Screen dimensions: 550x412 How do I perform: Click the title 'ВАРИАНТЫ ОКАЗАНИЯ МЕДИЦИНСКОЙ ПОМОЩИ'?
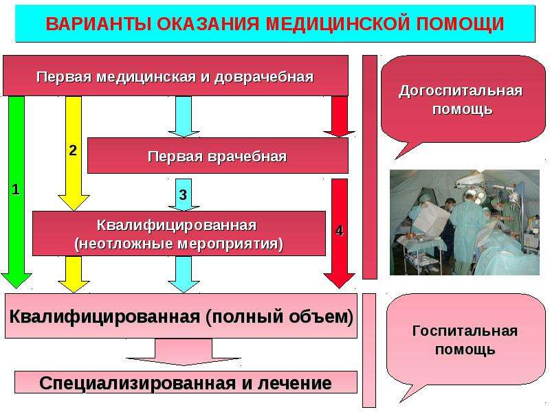tap(275, 24)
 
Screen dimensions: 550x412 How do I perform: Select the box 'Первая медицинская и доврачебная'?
tap(175, 76)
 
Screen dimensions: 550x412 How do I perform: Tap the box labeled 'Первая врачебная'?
tap(217, 156)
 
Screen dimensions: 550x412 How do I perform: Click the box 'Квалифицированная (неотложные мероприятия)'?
tap(179, 233)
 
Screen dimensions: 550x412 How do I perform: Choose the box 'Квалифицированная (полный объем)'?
tap(181, 316)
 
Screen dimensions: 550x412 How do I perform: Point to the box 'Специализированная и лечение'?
tap(186, 382)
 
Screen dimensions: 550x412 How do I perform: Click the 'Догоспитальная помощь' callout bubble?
tap(462, 100)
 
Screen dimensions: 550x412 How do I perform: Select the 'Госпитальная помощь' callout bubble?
tap(465, 340)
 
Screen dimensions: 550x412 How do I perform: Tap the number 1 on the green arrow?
tap(15, 190)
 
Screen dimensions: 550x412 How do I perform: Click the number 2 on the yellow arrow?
tap(73, 150)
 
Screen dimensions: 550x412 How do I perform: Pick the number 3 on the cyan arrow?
tap(183, 195)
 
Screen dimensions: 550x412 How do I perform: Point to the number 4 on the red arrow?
tap(339, 231)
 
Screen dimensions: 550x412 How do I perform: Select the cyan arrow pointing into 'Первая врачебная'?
tap(184, 117)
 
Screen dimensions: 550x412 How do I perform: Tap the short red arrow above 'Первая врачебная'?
tap(339, 117)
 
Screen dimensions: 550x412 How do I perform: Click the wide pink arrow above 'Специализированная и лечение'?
tap(184, 352)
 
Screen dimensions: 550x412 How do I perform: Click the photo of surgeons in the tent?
tap(465, 222)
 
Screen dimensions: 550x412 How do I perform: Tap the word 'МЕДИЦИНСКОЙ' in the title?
tap(338, 24)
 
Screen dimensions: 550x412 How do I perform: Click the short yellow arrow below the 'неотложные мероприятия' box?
tap(74, 274)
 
